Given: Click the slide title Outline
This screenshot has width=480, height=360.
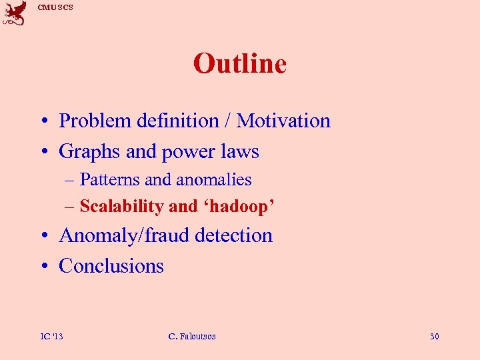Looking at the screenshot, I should coord(239,64).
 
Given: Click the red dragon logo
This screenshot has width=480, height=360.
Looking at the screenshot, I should coord(15,13).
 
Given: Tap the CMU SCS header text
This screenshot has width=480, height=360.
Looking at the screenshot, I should coord(55,7).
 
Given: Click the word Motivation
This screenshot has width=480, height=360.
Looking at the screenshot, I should coord(283,121).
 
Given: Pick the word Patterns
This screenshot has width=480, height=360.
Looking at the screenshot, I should coord(110,180).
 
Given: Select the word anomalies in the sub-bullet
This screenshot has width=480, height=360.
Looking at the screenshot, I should coord(213,180).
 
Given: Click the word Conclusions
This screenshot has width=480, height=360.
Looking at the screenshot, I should coord(111,266).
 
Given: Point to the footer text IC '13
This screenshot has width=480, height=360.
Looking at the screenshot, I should coord(52,336).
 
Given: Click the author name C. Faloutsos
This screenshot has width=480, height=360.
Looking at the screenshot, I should coord(192,336).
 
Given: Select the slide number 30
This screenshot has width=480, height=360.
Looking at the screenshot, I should coord(434,336).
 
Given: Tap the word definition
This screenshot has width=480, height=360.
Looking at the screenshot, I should coord(177,121).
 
